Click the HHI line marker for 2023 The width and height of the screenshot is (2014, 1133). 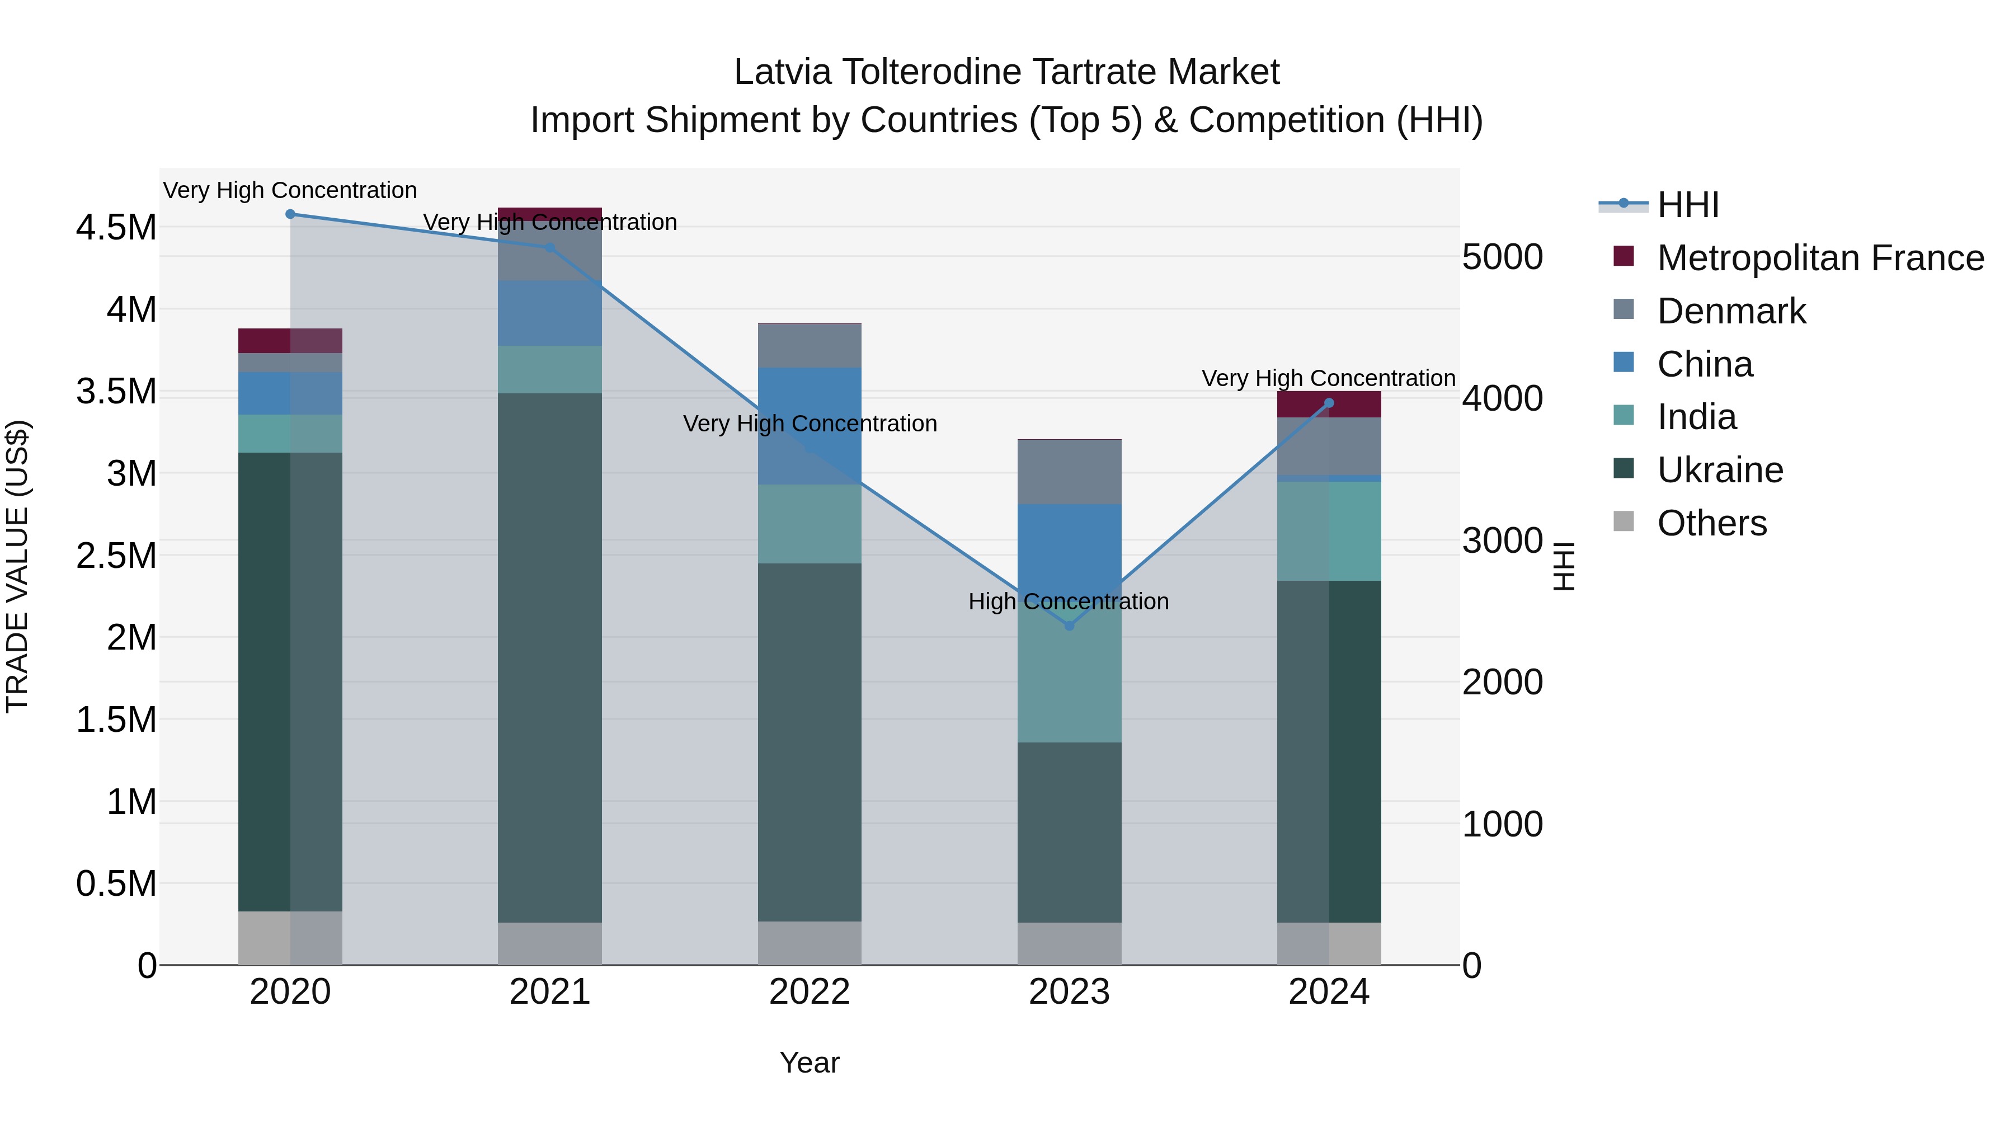tap(1070, 626)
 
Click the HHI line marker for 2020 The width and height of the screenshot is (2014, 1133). tap(290, 214)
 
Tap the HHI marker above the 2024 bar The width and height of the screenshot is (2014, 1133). tap(1329, 403)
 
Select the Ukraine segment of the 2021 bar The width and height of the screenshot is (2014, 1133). tap(549, 657)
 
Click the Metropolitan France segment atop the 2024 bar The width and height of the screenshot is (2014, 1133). tap(1329, 405)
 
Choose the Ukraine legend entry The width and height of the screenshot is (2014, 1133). tap(1720, 470)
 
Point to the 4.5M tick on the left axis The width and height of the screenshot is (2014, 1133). tap(116, 228)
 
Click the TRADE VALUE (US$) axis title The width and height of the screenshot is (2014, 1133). tap(17, 566)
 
